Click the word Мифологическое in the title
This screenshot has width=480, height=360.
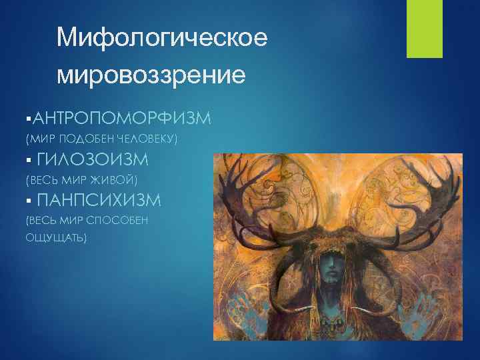[x=162, y=39]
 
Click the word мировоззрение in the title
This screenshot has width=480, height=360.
[x=151, y=75]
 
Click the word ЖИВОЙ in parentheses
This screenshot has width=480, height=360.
[x=115, y=180]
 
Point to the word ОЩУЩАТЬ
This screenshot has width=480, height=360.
[x=55, y=237]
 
